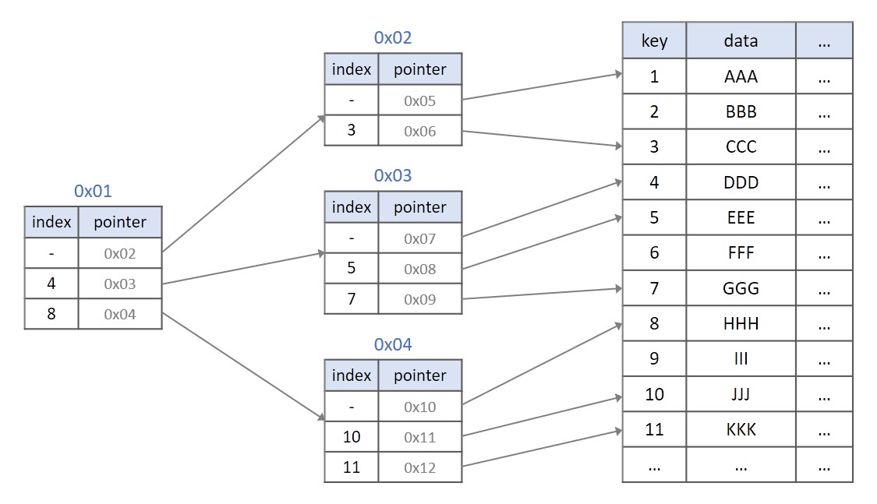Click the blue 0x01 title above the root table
(x=93, y=191)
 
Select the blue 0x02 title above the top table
(x=393, y=37)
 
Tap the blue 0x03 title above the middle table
(x=393, y=176)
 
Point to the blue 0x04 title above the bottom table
(x=393, y=344)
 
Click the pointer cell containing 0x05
(x=419, y=100)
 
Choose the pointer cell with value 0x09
(x=419, y=299)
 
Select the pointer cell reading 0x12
(x=419, y=467)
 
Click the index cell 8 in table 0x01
(x=51, y=314)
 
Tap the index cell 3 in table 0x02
(x=351, y=130)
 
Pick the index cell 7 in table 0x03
(x=351, y=299)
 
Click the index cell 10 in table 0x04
(x=351, y=437)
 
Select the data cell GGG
(x=741, y=288)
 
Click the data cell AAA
(x=741, y=76)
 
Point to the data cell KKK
(x=741, y=429)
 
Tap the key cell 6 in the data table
(x=654, y=252)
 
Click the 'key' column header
(x=654, y=41)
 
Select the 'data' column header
(x=741, y=41)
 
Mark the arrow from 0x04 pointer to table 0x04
(x=243, y=366)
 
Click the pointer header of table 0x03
(x=419, y=207)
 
